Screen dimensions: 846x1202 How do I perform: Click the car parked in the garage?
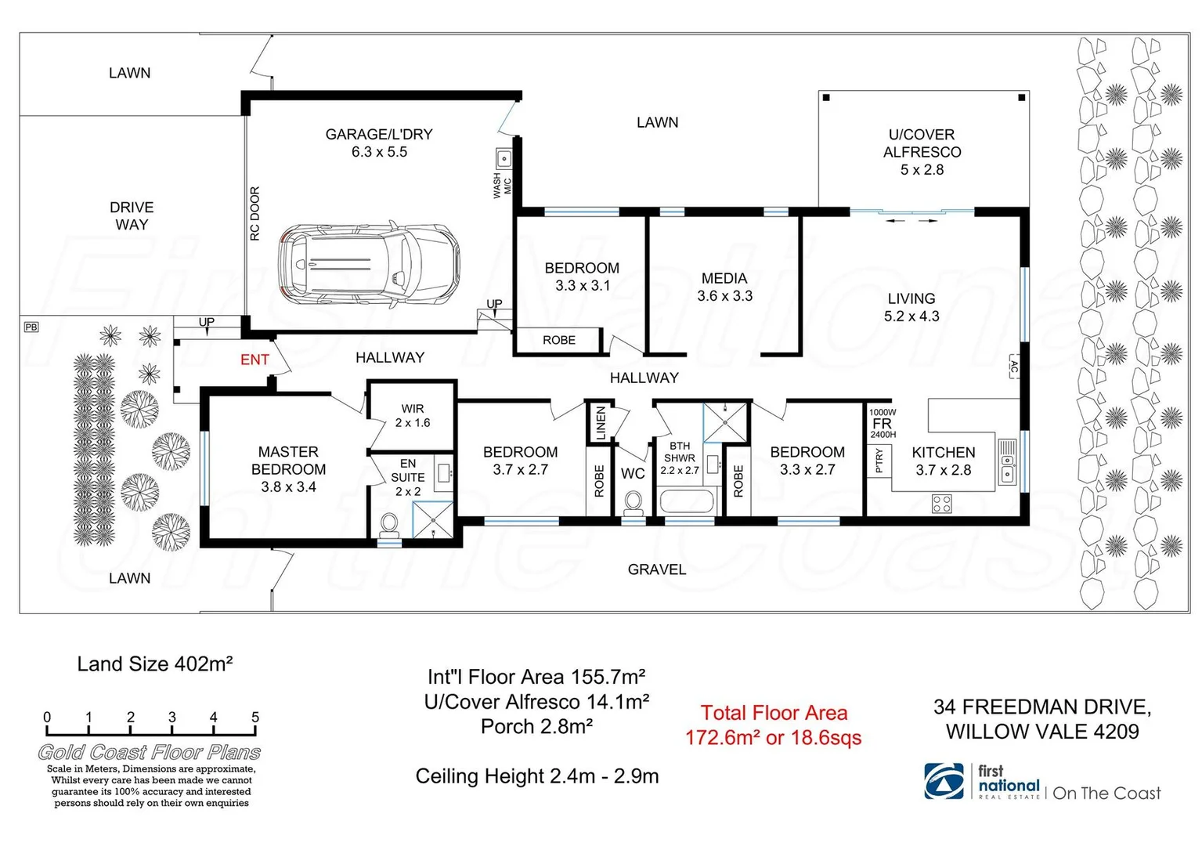(x=369, y=265)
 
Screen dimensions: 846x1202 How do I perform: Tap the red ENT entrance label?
(x=254, y=360)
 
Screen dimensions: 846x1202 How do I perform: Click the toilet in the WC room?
(x=633, y=502)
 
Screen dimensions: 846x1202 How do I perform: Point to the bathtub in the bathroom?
(x=687, y=501)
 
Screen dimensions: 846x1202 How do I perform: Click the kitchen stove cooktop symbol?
(x=941, y=504)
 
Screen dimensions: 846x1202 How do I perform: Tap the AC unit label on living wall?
(x=1014, y=367)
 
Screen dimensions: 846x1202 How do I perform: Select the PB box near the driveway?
(x=31, y=327)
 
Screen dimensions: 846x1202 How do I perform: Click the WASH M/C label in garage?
(x=502, y=186)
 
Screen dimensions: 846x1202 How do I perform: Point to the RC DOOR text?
(x=254, y=214)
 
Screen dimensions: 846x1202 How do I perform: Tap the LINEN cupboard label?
(x=601, y=423)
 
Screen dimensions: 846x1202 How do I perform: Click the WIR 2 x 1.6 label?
(x=413, y=415)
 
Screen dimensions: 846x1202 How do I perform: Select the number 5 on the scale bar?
(x=255, y=717)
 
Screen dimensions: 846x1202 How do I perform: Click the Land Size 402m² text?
(x=155, y=664)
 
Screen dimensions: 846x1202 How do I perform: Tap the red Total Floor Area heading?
(x=774, y=713)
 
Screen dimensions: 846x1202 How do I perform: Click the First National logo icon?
(x=944, y=781)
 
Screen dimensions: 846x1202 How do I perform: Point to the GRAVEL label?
(x=656, y=569)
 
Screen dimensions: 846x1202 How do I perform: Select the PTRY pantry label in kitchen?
(x=879, y=460)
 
